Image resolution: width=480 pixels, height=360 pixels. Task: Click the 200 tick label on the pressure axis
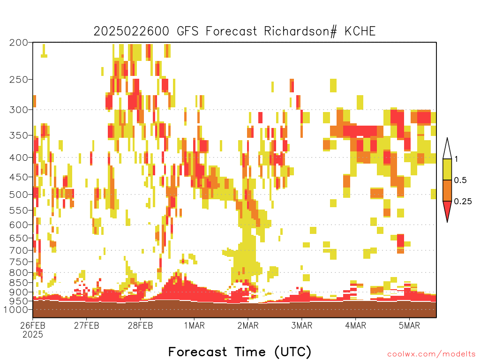click(18, 43)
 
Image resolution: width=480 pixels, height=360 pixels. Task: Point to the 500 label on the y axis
click(18, 195)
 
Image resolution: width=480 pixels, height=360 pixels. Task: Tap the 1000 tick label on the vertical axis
click(15, 309)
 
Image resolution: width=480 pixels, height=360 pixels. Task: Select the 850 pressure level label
click(18, 282)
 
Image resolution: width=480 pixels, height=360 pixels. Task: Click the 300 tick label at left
click(18, 110)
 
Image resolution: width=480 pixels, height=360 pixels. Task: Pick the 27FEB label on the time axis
click(86, 325)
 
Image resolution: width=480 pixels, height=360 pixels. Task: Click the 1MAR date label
click(194, 325)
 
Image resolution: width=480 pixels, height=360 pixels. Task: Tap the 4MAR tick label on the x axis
click(355, 325)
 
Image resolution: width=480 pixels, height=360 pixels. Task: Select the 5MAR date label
click(409, 325)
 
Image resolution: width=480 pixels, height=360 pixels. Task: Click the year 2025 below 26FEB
click(33, 334)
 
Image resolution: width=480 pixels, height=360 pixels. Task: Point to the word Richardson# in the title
click(300, 31)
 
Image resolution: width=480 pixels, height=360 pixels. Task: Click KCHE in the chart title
click(360, 31)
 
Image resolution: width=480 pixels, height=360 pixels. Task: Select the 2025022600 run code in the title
click(131, 31)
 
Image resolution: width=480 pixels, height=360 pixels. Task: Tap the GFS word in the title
click(187, 31)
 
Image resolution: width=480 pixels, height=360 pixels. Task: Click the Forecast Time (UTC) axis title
click(240, 352)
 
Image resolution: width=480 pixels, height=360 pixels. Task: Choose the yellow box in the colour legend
click(447, 169)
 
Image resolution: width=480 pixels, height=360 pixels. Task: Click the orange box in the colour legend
click(447, 190)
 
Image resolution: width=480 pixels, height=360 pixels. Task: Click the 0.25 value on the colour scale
click(463, 202)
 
